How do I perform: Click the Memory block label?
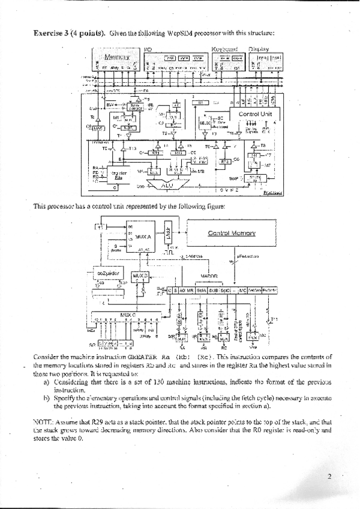118,57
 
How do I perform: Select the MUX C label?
128,315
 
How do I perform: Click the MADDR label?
208,277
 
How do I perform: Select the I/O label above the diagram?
148,49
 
